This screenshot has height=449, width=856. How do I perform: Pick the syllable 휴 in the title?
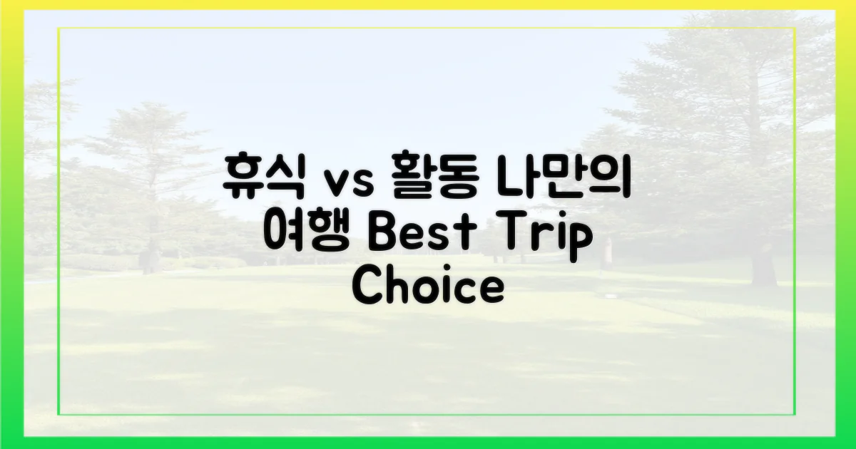click(x=243, y=179)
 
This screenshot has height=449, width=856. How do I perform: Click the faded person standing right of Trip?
click(x=608, y=253)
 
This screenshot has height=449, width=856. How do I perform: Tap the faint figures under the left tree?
click(x=151, y=257)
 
